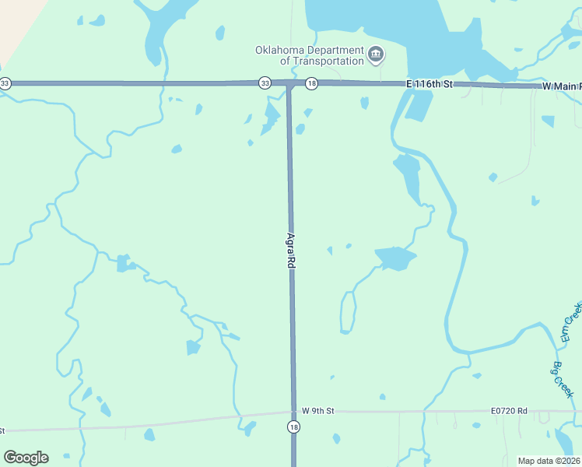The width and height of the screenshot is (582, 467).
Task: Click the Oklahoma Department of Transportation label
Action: pyautogui.click(x=310, y=55)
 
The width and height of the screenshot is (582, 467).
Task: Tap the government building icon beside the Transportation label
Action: pyautogui.click(x=376, y=54)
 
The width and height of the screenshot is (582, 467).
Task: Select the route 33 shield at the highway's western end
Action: pyautogui.click(x=5, y=83)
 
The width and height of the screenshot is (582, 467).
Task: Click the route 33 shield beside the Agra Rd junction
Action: pyautogui.click(x=265, y=83)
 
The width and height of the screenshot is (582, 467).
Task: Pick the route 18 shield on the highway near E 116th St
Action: pyautogui.click(x=311, y=83)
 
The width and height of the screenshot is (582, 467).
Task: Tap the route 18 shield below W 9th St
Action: pyautogui.click(x=293, y=427)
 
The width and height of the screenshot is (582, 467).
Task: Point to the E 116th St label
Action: pyautogui.click(x=429, y=83)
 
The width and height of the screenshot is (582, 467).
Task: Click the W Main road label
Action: pyautogui.click(x=561, y=86)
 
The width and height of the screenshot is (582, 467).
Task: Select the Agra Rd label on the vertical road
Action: pyautogui.click(x=291, y=251)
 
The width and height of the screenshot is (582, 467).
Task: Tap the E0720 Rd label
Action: pyautogui.click(x=509, y=410)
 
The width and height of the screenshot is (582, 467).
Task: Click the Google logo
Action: pyautogui.click(x=26, y=458)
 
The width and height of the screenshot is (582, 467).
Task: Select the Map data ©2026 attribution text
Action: pyautogui.click(x=548, y=461)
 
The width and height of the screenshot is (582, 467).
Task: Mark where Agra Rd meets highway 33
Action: pyautogui.click(x=289, y=83)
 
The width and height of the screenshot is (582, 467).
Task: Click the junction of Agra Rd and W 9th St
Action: pyautogui.click(x=293, y=412)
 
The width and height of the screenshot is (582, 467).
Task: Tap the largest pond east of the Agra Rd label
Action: pyautogui.click(x=395, y=258)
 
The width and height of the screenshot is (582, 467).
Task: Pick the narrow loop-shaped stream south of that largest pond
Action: pyautogui.click(x=348, y=311)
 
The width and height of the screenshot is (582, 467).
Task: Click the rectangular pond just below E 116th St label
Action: pyautogui.click(x=419, y=105)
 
